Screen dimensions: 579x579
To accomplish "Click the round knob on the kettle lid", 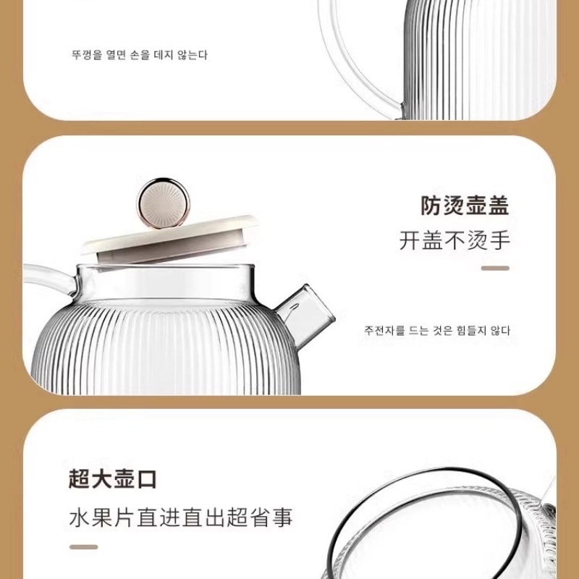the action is (x=163, y=203).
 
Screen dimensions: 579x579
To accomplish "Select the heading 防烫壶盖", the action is (x=465, y=206).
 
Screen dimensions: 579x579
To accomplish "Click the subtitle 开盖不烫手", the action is (x=455, y=240).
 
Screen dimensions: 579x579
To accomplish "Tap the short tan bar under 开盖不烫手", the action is (x=495, y=268).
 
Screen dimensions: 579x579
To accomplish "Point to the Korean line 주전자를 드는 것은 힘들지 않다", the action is (x=437, y=330).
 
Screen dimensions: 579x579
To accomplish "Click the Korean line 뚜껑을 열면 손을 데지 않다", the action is (x=140, y=55).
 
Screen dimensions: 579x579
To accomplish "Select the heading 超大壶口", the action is (x=113, y=479).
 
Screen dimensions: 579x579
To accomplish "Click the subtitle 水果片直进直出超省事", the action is (x=180, y=517).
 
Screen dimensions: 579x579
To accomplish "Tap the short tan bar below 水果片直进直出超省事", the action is (x=84, y=547).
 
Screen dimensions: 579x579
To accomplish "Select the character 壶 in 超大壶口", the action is (x=124, y=479).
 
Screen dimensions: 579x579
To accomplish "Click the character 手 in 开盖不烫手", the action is (x=499, y=240).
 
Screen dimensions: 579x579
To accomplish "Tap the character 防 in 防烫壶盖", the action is (x=431, y=206).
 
